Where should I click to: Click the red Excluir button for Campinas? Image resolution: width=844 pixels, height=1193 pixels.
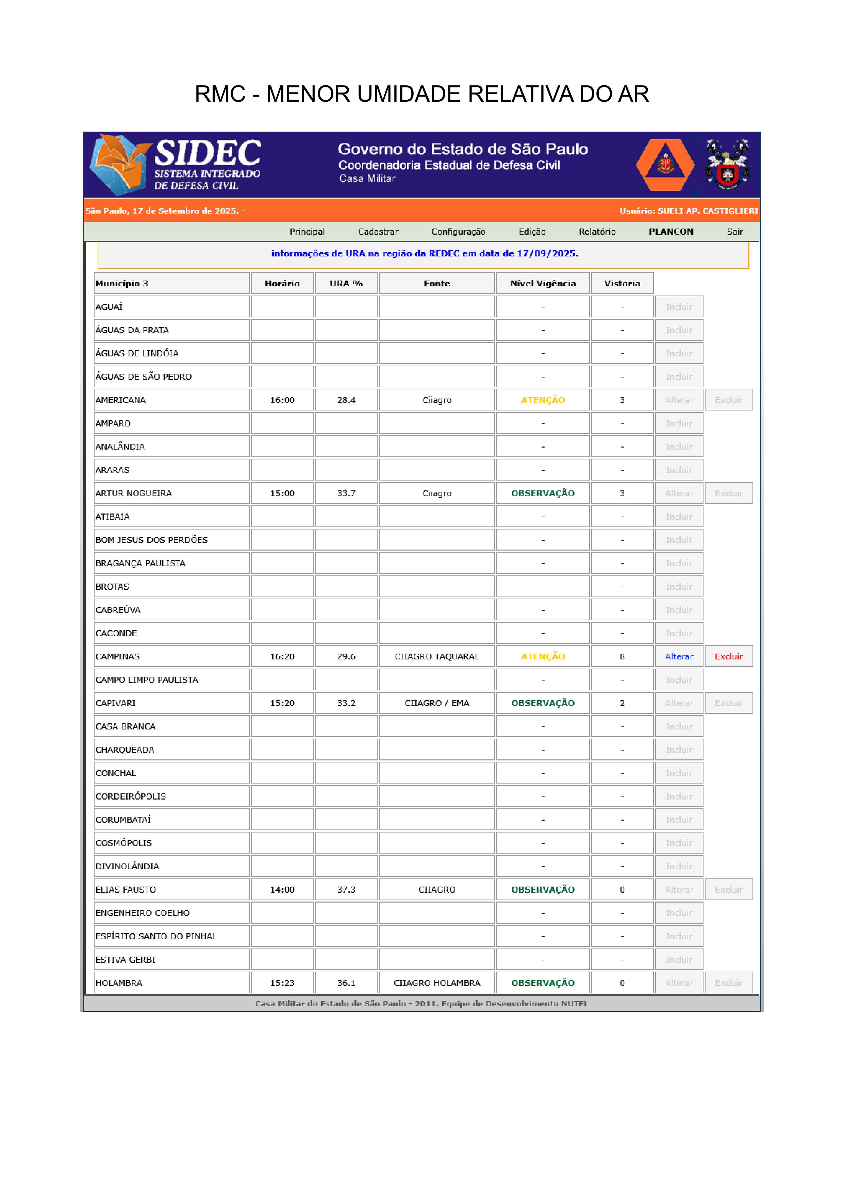click(x=729, y=656)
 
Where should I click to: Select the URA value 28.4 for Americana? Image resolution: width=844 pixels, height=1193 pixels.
click(x=346, y=400)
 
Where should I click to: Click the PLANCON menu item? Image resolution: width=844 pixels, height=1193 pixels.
click(x=671, y=232)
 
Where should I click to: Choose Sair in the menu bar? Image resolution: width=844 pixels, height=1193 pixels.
click(x=734, y=232)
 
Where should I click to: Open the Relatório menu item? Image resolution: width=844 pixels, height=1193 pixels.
click(x=597, y=232)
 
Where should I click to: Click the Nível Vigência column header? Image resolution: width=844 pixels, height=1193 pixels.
click(x=543, y=283)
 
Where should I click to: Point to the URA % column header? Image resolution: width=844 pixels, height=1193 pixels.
click(x=346, y=283)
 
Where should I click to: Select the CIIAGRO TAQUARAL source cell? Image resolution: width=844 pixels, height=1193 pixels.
click(x=436, y=656)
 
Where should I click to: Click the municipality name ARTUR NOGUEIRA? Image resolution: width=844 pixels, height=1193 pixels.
click(x=134, y=493)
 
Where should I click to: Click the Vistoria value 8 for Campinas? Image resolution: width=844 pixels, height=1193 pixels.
click(x=622, y=656)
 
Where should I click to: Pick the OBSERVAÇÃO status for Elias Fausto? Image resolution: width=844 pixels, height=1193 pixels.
click(x=543, y=890)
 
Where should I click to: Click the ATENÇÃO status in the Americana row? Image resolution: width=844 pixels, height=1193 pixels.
click(x=543, y=400)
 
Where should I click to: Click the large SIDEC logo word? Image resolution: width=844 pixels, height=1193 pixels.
click(x=208, y=153)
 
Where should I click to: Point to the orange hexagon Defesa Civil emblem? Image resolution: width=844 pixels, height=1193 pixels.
click(x=665, y=165)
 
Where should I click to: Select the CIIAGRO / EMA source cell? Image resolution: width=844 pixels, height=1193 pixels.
click(x=436, y=703)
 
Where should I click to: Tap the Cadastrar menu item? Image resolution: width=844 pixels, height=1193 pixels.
click(x=378, y=232)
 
